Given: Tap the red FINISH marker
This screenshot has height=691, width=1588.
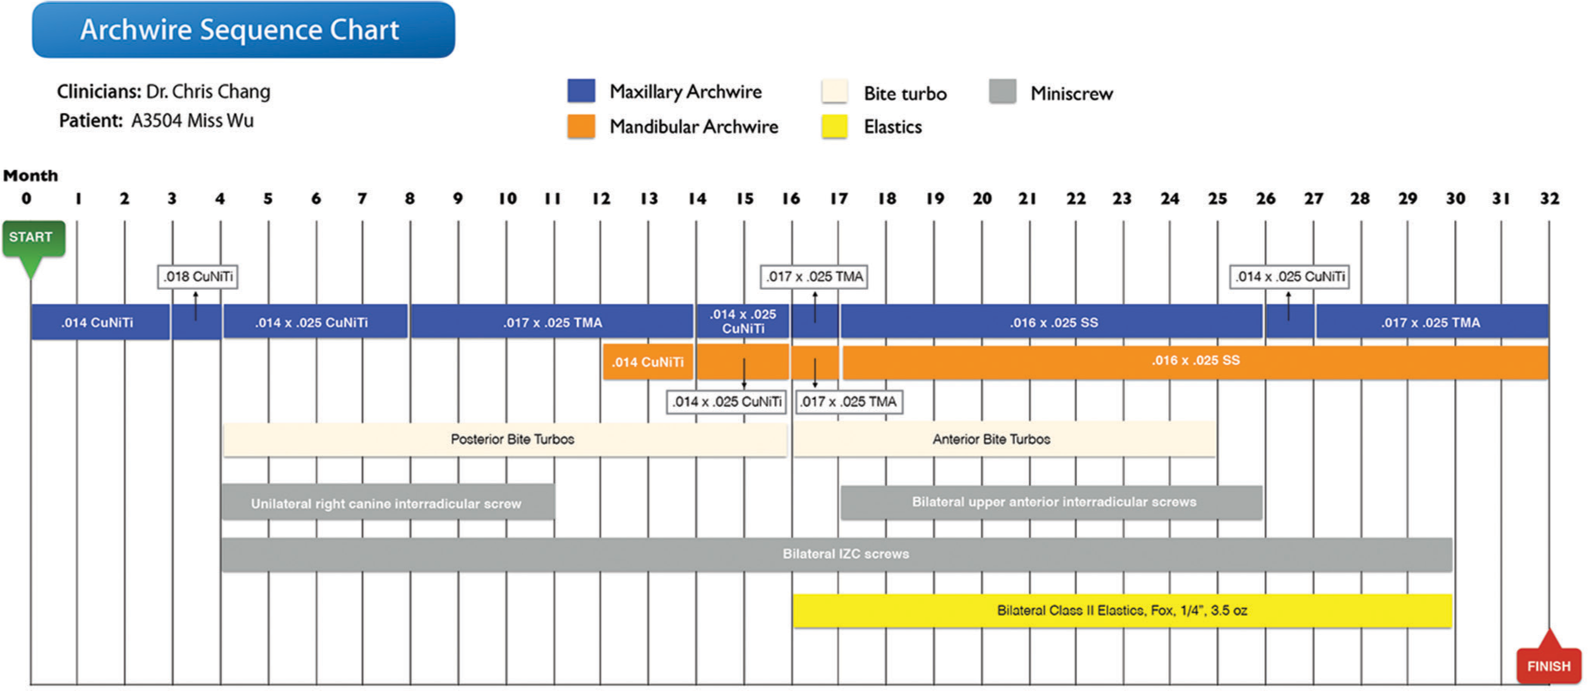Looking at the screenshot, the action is (1548, 662).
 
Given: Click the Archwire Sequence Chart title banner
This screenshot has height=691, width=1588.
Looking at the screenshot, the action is (243, 29).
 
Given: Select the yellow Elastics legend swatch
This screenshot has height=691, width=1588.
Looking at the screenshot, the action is (834, 126).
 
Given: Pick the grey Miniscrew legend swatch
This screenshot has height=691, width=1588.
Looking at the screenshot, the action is (1002, 92).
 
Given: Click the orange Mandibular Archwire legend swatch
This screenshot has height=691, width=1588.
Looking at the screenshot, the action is (581, 126).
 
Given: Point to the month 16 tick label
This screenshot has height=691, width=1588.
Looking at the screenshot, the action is (791, 199).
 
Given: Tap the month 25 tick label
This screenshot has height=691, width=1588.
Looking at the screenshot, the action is (1218, 199).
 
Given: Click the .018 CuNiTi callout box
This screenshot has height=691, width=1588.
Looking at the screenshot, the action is (198, 277).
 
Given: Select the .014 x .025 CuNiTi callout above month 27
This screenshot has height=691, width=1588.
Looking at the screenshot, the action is (1290, 277).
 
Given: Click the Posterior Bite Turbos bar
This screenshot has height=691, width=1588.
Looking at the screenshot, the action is (505, 440).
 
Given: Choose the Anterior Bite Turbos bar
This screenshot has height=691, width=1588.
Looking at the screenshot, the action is (1004, 440).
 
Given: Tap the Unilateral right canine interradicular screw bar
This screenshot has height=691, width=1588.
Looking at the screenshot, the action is (388, 503).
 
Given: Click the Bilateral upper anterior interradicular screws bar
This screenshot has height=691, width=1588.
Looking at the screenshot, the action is (1052, 503).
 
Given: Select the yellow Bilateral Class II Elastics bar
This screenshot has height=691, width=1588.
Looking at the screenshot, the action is (1122, 611).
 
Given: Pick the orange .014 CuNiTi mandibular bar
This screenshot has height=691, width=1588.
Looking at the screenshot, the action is (648, 362).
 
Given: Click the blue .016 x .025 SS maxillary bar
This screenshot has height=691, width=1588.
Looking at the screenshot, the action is (1052, 322).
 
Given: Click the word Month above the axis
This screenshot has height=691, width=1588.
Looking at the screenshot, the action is (31, 175).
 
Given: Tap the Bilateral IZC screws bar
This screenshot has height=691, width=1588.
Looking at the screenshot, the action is (837, 555).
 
